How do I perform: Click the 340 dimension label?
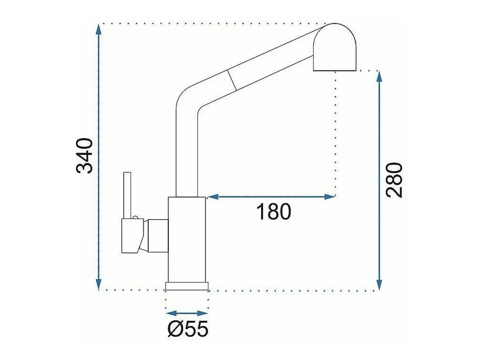click(x=85, y=156)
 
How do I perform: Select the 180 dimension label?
click(x=274, y=212)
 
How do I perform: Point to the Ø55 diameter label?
click(x=188, y=329)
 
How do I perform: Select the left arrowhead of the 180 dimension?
click(x=213, y=197)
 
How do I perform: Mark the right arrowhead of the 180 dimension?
click(x=330, y=197)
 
